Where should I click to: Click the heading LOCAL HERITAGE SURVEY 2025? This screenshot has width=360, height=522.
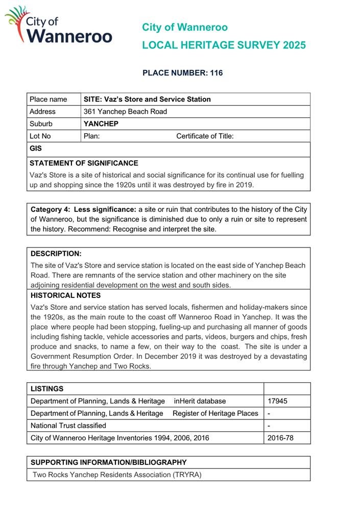[224, 45]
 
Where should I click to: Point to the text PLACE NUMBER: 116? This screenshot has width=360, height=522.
[182, 73]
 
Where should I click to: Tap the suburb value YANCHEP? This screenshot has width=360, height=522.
[101, 124]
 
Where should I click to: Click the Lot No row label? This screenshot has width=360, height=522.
[40, 136]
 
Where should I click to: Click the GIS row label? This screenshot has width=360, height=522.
[36, 150]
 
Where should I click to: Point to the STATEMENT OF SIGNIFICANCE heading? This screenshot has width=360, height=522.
[84, 163]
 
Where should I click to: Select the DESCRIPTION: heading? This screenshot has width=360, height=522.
[56, 253]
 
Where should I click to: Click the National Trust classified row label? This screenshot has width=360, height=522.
[68, 425]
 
